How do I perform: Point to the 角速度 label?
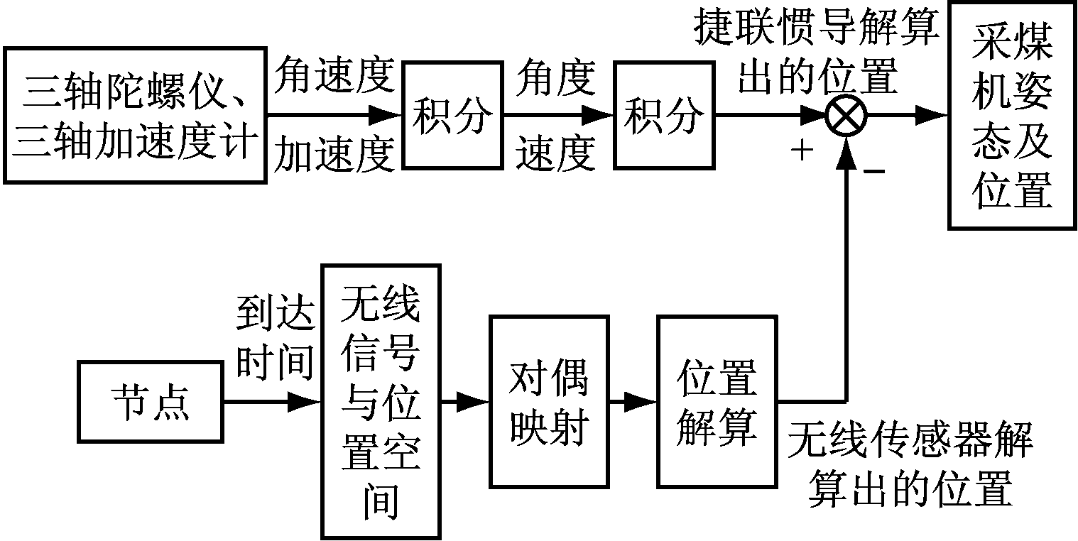334,76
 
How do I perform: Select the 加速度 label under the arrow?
334,154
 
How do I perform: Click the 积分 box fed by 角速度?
452,116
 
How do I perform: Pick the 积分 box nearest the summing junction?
664,116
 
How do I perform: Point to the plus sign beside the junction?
801,151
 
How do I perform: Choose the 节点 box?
151,403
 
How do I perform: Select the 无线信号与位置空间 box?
381,401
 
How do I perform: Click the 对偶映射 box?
549,402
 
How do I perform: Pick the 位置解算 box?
716,402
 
